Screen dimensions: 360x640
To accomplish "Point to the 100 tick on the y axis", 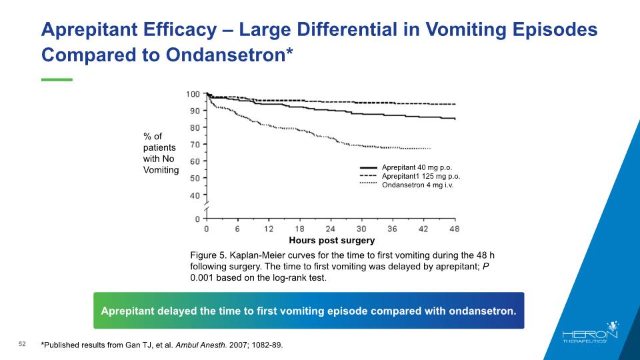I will click(x=193, y=93).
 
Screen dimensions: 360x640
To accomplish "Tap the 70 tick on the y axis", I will click(x=195, y=144).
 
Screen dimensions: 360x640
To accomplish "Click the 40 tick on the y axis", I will click(x=195, y=195).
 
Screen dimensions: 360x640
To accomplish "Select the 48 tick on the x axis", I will click(x=454, y=229).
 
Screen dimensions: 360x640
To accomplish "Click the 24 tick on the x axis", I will click(x=330, y=229).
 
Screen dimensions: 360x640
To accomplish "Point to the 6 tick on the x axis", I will click(x=237, y=229).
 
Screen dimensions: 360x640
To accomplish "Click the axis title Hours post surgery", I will click(x=332, y=240).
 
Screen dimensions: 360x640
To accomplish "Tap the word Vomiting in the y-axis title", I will click(x=161, y=170).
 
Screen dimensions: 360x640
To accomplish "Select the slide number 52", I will click(x=22, y=344).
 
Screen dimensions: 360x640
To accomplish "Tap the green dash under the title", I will click(x=57, y=79).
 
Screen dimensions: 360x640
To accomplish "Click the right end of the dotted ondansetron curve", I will click(x=431, y=148).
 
